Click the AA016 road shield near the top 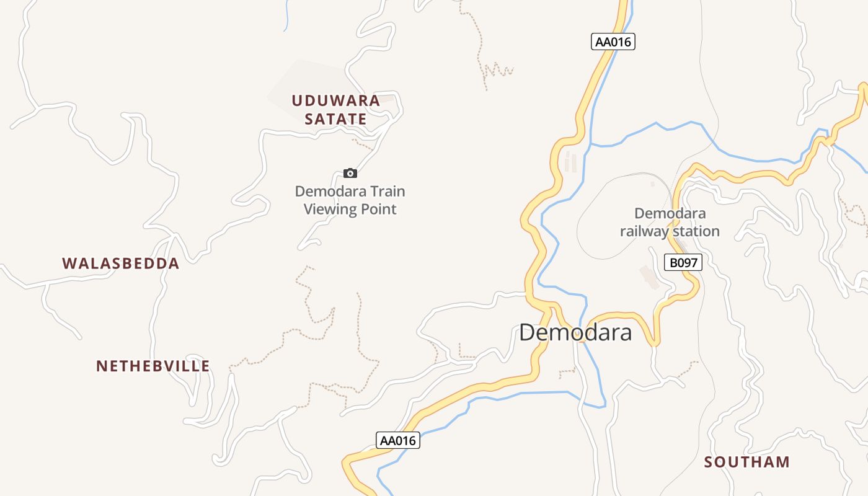pyautogui.click(x=613, y=42)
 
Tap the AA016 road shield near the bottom pyautogui.click(x=397, y=440)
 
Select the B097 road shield pyautogui.click(x=683, y=262)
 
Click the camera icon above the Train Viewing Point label pyautogui.click(x=350, y=173)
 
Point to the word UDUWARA pyautogui.click(x=335, y=100)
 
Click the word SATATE pyautogui.click(x=335, y=119)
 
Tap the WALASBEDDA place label pyautogui.click(x=121, y=263)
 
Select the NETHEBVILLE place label pyautogui.click(x=153, y=366)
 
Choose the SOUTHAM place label pyautogui.click(x=747, y=462)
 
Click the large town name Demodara pyautogui.click(x=575, y=333)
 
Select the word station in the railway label pyautogui.click(x=697, y=231)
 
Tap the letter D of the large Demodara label pyautogui.click(x=527, y=333)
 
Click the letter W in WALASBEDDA pyautogui.click(x=69, y=263)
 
